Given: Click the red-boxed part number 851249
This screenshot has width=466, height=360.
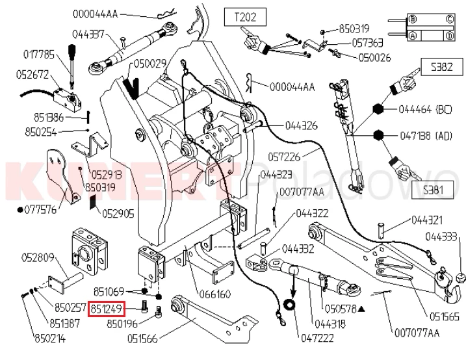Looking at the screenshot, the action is [107, 309].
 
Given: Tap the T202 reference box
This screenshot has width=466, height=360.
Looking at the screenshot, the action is [245, 18].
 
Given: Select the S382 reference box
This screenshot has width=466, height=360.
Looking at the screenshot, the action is [442, 67].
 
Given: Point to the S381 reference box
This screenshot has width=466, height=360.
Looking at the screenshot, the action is [433, 190].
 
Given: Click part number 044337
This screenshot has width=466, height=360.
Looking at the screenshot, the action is [88, 34].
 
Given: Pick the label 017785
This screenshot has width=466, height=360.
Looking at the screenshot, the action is [39, 55].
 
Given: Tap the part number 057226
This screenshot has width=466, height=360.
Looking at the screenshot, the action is [284, 157].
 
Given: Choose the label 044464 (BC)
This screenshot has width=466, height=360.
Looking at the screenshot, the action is [425, 110].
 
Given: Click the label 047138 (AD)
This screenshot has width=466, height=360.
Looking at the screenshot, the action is [426, 136].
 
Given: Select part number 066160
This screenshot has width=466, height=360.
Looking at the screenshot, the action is [215, 294].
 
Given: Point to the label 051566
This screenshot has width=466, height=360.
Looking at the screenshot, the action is [142, 339].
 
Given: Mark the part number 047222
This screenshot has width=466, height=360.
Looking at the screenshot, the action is [317, 338].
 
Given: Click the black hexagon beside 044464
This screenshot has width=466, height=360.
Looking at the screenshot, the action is [378, 109].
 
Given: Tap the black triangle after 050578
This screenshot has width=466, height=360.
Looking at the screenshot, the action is [361, 309].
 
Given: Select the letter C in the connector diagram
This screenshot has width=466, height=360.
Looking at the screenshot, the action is [450, 19].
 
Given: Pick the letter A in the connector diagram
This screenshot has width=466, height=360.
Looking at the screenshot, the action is [413, 36].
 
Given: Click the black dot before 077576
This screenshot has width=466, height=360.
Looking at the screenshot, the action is [20, 210].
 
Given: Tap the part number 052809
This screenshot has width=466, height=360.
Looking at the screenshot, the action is [38, 257].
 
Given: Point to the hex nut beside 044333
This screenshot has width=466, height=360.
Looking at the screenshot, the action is [460, 277].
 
